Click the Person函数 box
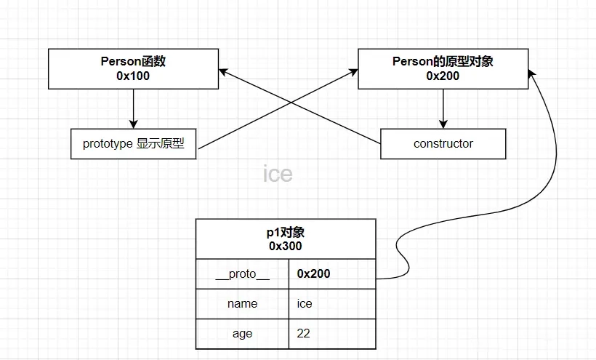pyautogui.click(x=133, y=68)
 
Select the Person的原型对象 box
pyautogui.click(x=442, y=68)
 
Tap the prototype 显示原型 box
pyautogui.click(x=134, y=144)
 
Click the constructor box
pyautogui.click(x=443, y=144)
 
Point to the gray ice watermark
pyautogui.click(x=278, y=174)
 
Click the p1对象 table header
pyautogui.click(x=286, y=239)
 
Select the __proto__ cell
pyautogui.click(x=242, y=273)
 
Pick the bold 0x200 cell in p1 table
pyautogui.click(x=332, y=273)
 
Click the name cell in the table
pyautogui.click(x=242, y=303)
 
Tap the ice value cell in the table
pyautogui.click(x=332, y=303)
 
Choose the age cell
pyautogui.click(x=242, y=334)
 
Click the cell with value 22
pyautogui.click(x=332, y=334)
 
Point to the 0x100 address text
pyautogui.click(x=133, y=76)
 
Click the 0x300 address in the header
pyautogui.click(x=286, y=246)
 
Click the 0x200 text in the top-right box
pyautogui.click(x=443, y=76)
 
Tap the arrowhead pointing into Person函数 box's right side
pyautogui.click(x=223, y=71)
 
